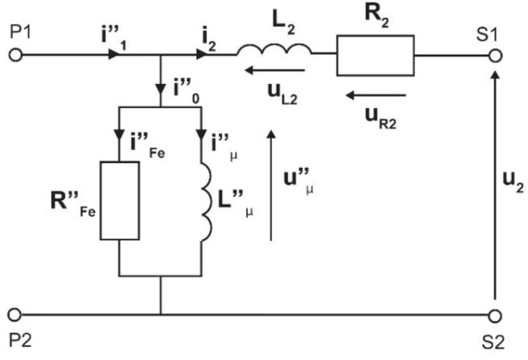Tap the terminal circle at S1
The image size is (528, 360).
pos(496,57)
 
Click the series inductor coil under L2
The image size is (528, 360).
pos(274,52)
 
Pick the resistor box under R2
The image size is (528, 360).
pos(375,56)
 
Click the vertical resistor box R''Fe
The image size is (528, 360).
pos(119,199)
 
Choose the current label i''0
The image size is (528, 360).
pos(188,87)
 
